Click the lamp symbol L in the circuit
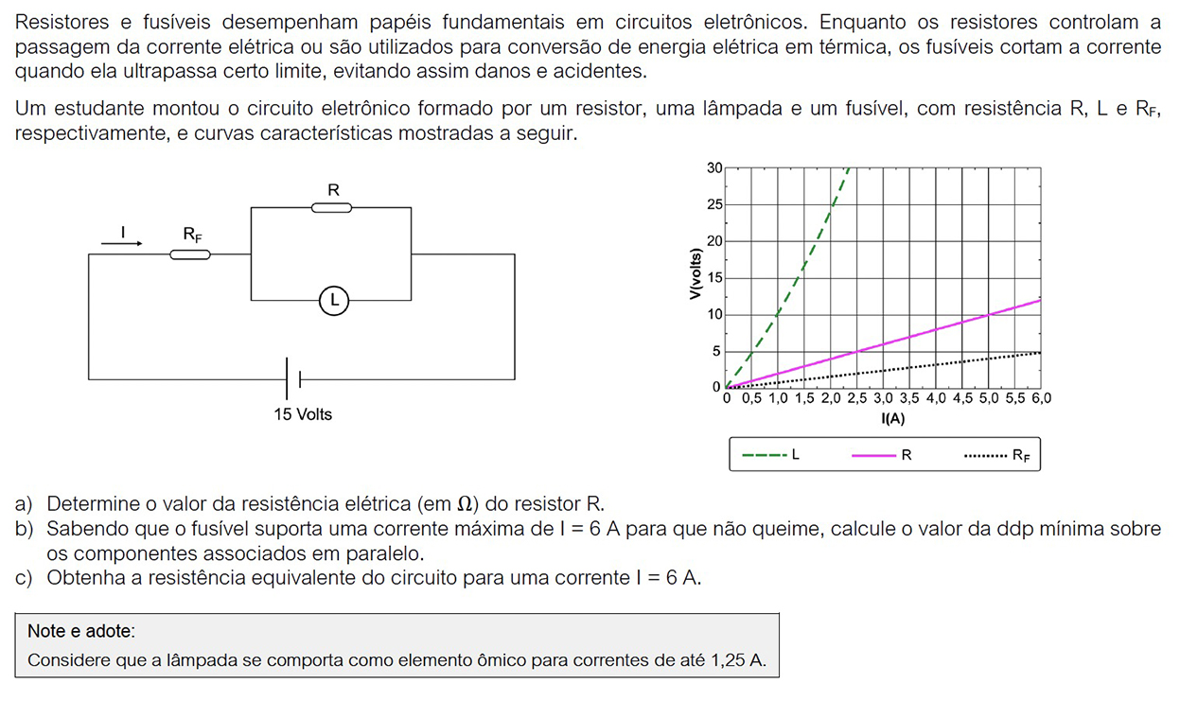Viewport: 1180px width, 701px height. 333,301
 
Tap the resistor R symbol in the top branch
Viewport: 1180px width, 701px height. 332,208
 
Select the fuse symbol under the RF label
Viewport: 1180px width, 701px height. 190,254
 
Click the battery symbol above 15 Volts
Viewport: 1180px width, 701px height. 293,379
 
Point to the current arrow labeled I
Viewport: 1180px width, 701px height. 122,242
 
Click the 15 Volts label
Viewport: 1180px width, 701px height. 303,414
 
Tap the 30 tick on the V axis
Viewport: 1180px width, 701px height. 714,168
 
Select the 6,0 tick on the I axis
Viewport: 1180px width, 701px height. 1041,399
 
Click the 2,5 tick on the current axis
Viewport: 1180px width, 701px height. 856,399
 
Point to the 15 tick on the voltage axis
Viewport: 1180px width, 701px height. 714,278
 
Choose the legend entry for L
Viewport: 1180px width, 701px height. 771,455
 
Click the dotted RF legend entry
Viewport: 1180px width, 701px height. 996,455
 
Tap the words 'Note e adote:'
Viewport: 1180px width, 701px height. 81,631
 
